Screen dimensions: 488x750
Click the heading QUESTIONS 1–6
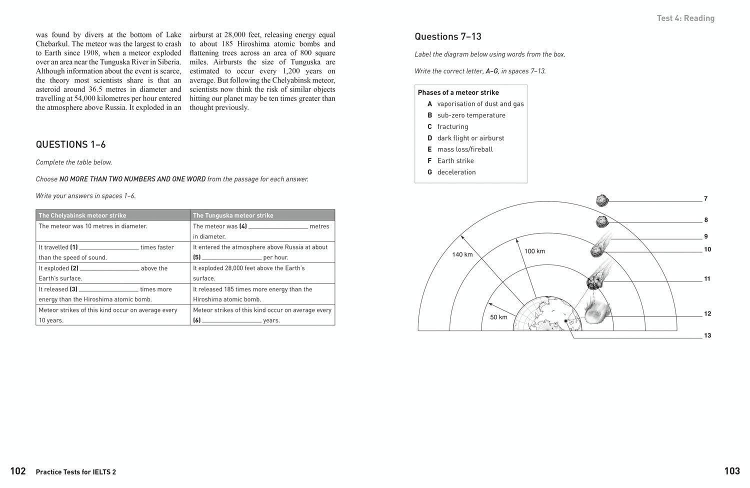pyautogui.click(x=70, y=144)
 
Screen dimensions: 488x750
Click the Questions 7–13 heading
pyautogui.click(x=448, y=36)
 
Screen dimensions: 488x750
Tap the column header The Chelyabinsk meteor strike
pyautogui.click(x=82, y=215)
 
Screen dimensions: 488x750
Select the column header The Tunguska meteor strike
pyautogui.click(x=233, y=215)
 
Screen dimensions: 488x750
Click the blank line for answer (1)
pyautogui.click(x=109, y=248)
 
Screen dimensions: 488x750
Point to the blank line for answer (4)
pyautogui.click(x=278, y=227)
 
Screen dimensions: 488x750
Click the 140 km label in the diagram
pyautogui.click(x=462, y=254)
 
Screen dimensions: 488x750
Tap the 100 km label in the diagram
pyautogui.click(x=534, y=251)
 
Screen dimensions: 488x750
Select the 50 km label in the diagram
pyautogui.click(x=498, y=317)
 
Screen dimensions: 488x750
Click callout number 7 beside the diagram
pyautogui.click(x=705, y=199)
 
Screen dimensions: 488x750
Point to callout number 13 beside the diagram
pyautogui.click(x=707, y=335)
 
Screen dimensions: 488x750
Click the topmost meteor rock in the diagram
pyautogui.click(x=602, y=200)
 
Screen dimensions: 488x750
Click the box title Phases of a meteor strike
pyautogui.click(x=458, y=92)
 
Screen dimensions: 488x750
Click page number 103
pyautogui.click(x=731, y=471)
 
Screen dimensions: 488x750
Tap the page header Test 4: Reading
pyautogui.click(x=685, y=18)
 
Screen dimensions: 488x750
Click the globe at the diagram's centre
pyautogui.click(x=548, y=314)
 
